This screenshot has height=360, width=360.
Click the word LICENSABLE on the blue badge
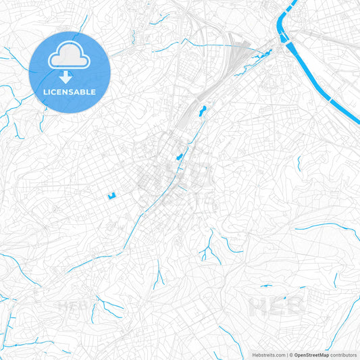coord(70,91)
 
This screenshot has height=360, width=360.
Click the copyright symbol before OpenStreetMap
coord(290,355)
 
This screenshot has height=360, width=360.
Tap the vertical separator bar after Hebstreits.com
coord(286,355)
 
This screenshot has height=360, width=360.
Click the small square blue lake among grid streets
coord(111,196)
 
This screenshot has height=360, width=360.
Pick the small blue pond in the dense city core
coord(179,157)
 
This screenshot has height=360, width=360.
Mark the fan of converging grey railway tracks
coord(236,54)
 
